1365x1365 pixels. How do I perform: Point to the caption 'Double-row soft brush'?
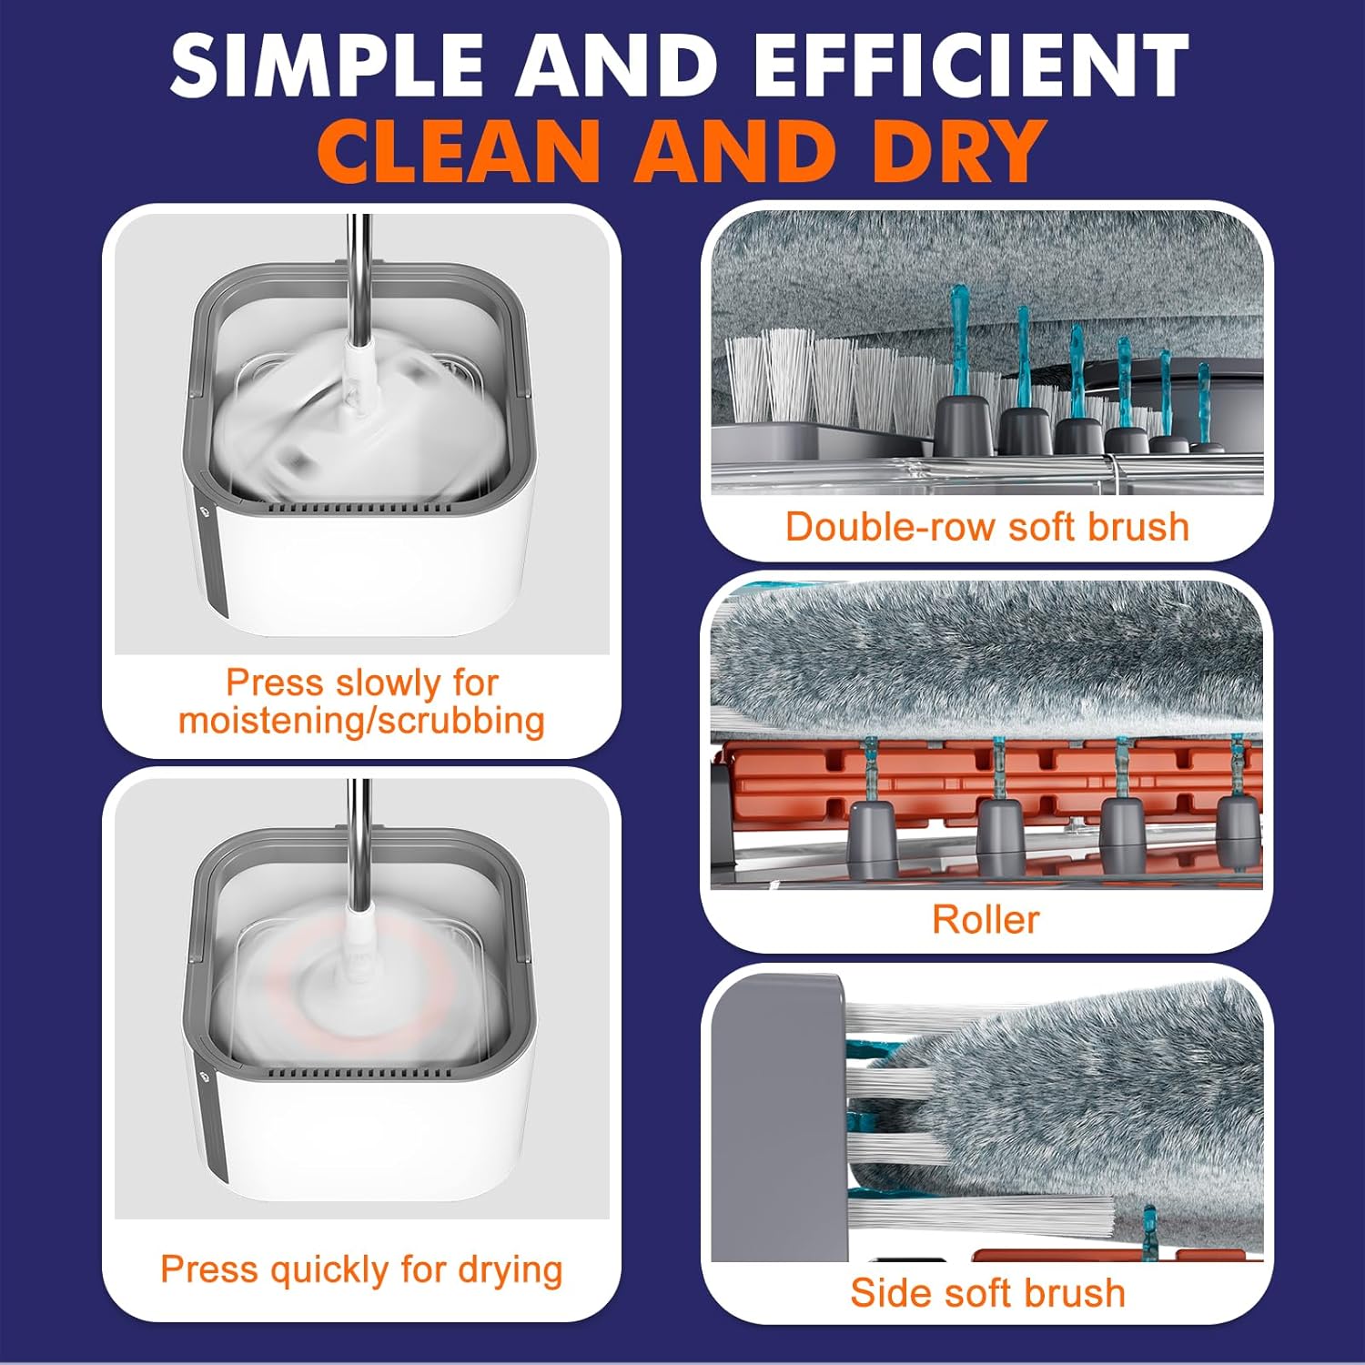click(x=986, y=527)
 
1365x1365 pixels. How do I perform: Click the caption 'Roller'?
click(x=986, y=919)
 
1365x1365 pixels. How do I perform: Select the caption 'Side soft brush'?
click(x=987, y=1292)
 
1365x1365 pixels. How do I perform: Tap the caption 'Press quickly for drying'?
click(x=361, y=1269)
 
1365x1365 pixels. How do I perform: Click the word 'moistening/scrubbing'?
click(x=361, y=721)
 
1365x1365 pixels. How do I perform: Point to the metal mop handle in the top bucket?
click(x=360, y=273)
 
